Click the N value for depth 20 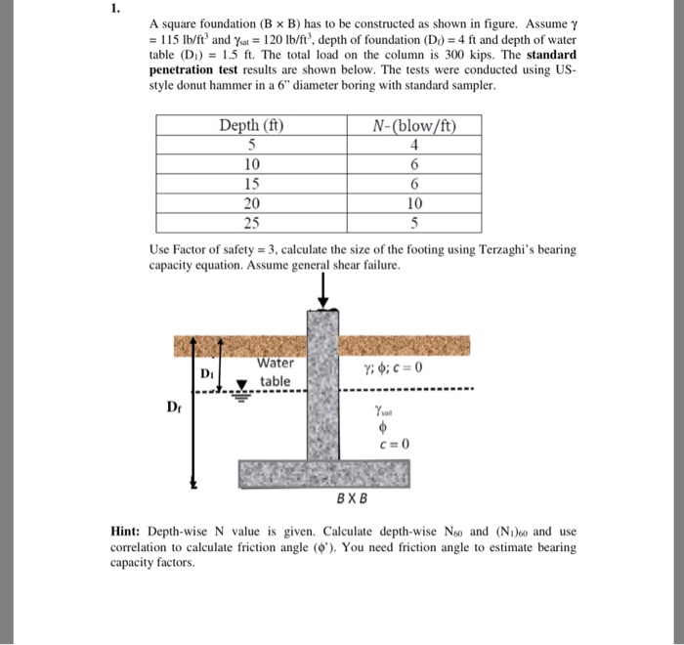click(x=413, y=204)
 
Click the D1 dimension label click(x=206, y=373)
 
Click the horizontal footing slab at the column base click(x=324, y=472)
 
